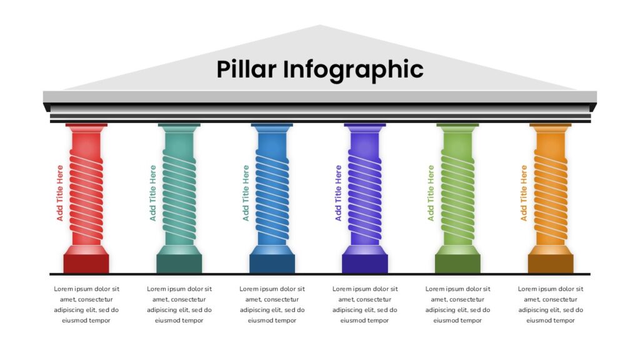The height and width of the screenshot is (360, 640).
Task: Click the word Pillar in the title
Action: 246,69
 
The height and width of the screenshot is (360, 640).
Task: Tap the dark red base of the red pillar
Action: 86,263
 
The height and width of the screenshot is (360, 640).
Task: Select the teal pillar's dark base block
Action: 179,263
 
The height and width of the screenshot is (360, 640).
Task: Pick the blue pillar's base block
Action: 272,263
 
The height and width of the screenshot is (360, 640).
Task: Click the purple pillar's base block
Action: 365,263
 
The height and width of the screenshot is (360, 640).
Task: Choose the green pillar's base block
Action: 457,263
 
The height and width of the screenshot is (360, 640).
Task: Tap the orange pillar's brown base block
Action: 551,263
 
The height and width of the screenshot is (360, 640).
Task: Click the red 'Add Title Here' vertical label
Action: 60,192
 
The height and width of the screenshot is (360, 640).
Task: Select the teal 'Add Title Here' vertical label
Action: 152,192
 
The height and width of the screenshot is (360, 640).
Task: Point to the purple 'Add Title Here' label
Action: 338,192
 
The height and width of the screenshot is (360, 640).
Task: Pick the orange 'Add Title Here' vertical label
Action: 524,192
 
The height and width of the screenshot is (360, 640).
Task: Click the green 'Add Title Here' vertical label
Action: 431,192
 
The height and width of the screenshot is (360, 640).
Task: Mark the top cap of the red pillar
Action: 86,128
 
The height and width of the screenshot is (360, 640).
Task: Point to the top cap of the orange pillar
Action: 551,128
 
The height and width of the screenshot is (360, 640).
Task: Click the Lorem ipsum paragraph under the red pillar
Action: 86,304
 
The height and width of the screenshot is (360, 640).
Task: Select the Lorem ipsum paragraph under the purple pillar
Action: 365,304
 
